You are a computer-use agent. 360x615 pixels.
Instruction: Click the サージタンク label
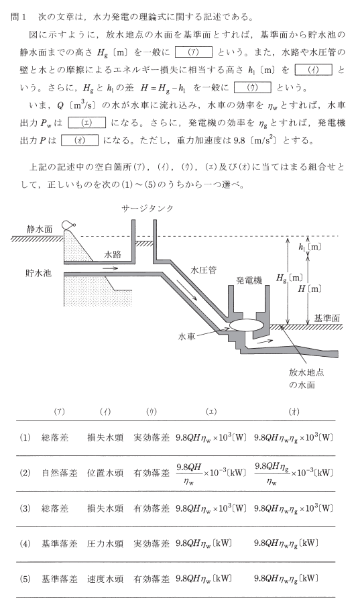pos(147,209)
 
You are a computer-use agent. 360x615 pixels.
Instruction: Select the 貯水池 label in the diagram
pos(38,273)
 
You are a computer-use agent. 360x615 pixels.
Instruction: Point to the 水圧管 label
pos(204,270)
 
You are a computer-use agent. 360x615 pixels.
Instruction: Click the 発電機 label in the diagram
pos(249,280)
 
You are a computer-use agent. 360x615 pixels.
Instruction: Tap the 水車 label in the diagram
pos(186,337)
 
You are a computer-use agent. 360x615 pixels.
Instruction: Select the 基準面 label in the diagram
pos(327,318)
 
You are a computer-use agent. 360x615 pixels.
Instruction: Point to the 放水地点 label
pos(306,372)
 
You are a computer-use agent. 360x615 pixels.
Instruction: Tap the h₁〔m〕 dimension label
pos(310,247)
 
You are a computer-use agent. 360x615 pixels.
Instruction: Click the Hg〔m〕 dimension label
pos(290,278)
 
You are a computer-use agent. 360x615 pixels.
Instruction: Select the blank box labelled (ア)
pos(194,52)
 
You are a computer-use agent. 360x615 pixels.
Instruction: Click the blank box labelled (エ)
pos(86,123)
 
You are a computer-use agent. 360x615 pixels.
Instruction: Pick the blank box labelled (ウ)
pos(252,87)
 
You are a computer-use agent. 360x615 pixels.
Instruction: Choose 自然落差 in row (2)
pos(60,473)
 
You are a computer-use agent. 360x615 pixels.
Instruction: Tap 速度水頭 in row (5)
pos(105,579)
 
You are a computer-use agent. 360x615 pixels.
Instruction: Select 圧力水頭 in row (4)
pos(105,544)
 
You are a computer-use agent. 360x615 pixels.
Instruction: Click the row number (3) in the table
pos(25,509)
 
